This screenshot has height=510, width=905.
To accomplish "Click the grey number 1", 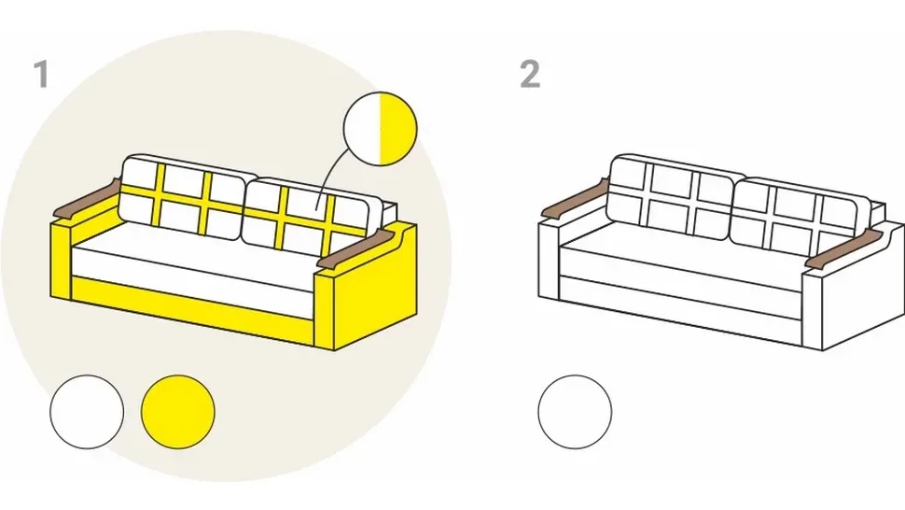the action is point(41,75).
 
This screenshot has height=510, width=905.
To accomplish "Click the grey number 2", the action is point(530,75).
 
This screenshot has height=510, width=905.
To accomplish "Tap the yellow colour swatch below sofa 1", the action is point(178,412).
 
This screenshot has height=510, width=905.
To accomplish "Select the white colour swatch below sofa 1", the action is point(87,412).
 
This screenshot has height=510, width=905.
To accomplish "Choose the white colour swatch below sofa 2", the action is point(575,412).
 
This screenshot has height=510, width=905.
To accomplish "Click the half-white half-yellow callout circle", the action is point(380,128).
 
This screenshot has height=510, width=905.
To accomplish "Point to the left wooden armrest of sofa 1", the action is point(87,200).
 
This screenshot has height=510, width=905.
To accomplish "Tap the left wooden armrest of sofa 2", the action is point(574,200).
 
